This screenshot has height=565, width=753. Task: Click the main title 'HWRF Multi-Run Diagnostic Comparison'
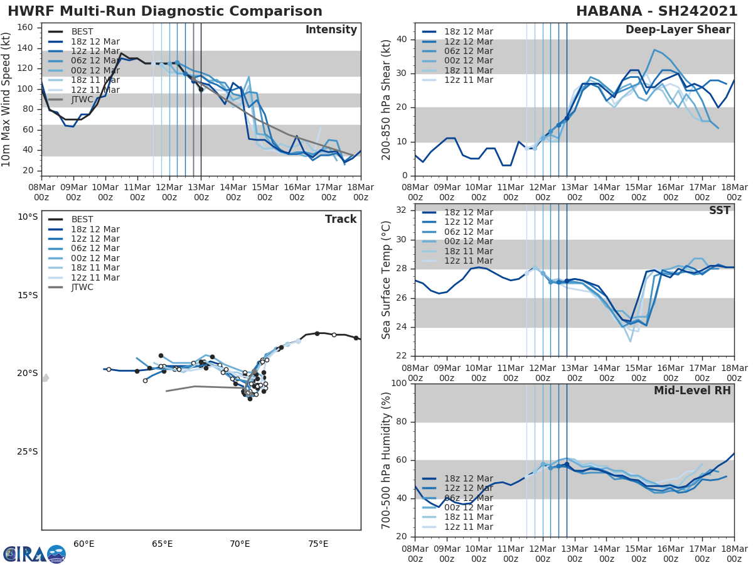165,11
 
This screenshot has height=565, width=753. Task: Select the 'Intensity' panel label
331,30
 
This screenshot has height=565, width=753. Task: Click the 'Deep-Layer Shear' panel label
678,30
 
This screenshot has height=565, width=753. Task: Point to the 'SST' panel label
719,210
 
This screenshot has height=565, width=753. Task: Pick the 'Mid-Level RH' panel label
692,390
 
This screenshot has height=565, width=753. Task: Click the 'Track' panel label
341,219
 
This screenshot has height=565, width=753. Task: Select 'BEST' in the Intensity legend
82,31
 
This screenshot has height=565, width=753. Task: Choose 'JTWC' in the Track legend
82,287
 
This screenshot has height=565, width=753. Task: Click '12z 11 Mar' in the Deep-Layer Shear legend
468,80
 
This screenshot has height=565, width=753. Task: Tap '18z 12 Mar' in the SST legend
468,212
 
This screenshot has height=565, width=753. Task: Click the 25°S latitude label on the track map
27,451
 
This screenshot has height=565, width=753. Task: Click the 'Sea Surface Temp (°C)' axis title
387,279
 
